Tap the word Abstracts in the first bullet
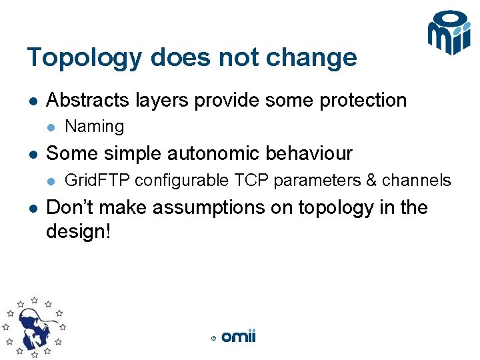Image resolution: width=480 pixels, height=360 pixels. (x=87, y=101)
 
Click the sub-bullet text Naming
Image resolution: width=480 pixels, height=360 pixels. (x=95, y=127)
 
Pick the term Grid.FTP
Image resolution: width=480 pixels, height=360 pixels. (x=97, y=181)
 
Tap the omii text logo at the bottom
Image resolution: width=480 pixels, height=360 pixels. (x=238, y=337)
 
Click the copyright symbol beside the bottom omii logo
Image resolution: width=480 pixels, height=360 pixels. (x=213, y=339)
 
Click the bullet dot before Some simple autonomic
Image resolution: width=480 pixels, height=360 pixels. (x=32, y=154)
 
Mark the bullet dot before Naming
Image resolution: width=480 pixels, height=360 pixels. (x=51, y=127)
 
